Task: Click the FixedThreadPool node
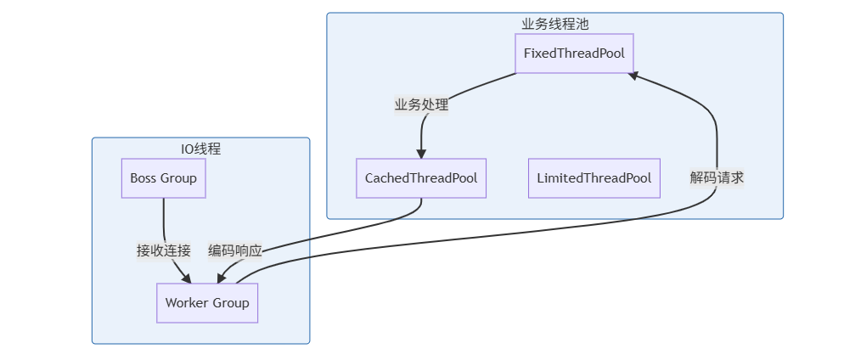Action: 574,53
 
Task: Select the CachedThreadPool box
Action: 420,178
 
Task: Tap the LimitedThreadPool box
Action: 593,178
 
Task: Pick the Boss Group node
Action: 163,178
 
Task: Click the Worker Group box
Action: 207,303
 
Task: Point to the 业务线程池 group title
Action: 554,24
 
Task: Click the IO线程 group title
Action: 200,149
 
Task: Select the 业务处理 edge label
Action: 421,105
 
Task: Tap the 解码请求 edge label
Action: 717,177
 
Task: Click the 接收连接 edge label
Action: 164,250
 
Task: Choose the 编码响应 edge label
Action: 235,250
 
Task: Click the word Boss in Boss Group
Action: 143,178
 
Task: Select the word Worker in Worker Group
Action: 187,303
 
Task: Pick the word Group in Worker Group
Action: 231,303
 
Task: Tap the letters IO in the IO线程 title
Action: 187,149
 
